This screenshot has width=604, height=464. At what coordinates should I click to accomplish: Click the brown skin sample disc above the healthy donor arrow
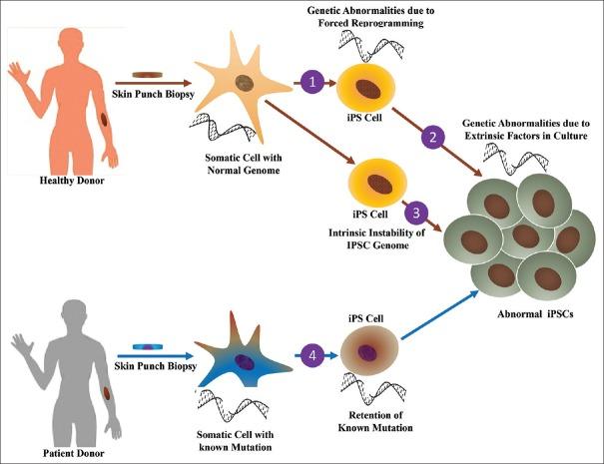pos(147,73)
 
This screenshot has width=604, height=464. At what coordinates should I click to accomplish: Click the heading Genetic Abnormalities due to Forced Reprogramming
pos(372,18)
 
